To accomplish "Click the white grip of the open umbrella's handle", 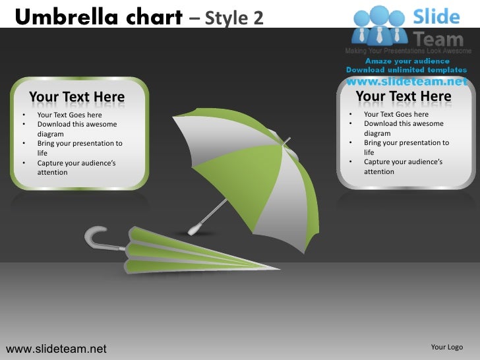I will coord(194,229).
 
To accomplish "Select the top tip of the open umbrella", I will coord(287,140).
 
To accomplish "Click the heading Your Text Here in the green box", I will coord(76,98).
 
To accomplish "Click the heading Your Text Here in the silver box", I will coord(404,97).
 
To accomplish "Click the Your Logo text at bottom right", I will coord(446,347).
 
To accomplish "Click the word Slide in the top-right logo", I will coord(436,16).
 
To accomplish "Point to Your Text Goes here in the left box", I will coord(69,115).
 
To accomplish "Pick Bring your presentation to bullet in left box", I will coord(80,143).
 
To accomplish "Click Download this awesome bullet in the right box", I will coord(404,123).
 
